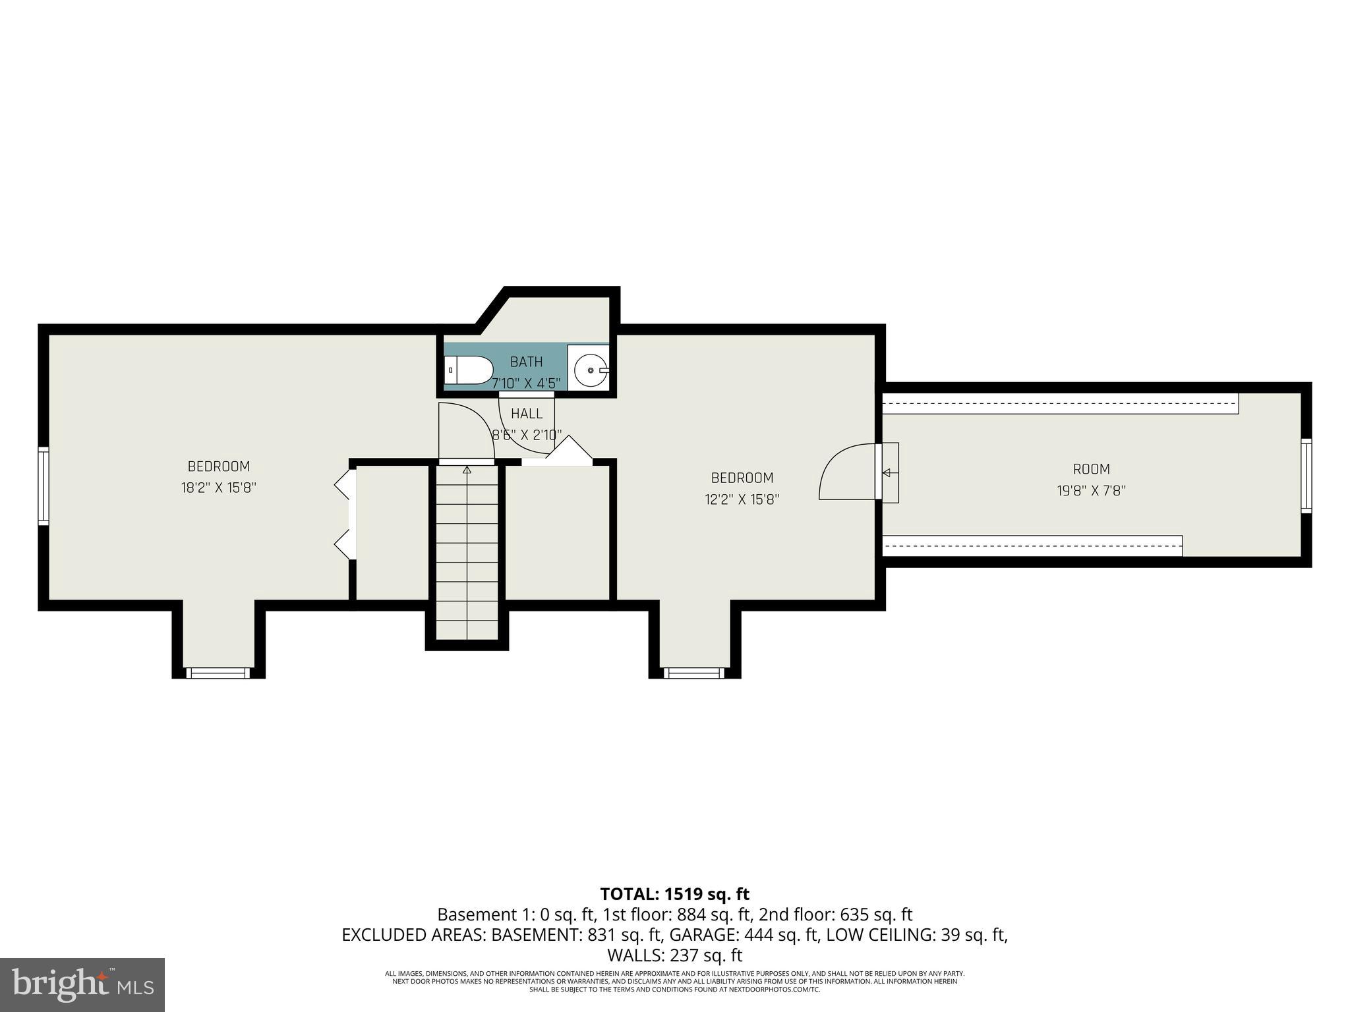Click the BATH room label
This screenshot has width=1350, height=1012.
coord(526,362)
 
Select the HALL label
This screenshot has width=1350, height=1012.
coord(527,414)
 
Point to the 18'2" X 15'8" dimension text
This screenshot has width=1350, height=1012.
coord(218,488)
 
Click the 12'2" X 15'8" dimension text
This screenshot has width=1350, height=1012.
coord(742,499)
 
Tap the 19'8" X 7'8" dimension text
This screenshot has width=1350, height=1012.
coord(1091,491)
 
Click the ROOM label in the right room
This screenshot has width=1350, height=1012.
coord(1091,469)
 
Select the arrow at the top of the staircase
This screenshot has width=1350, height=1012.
coord(467,470)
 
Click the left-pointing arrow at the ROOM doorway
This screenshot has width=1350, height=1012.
coord(886,472)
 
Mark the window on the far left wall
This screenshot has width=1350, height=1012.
coord(44,486)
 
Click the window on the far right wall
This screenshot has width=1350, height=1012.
coord(1306,476)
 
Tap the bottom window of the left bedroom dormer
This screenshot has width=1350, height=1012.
coord(218,673)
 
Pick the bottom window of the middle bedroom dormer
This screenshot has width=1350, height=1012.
coord(693,673)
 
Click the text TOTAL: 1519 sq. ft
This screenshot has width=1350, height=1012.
coord(674,894)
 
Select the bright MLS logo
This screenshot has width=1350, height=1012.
coord(82,984)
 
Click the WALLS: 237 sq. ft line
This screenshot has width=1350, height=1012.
coord(674,955)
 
